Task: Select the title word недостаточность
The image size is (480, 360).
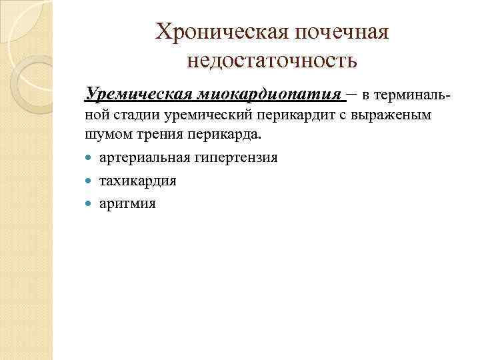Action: pyautogui.click(x=272, y=61)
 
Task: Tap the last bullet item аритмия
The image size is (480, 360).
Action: pyautogui.click(x=127, y=203)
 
